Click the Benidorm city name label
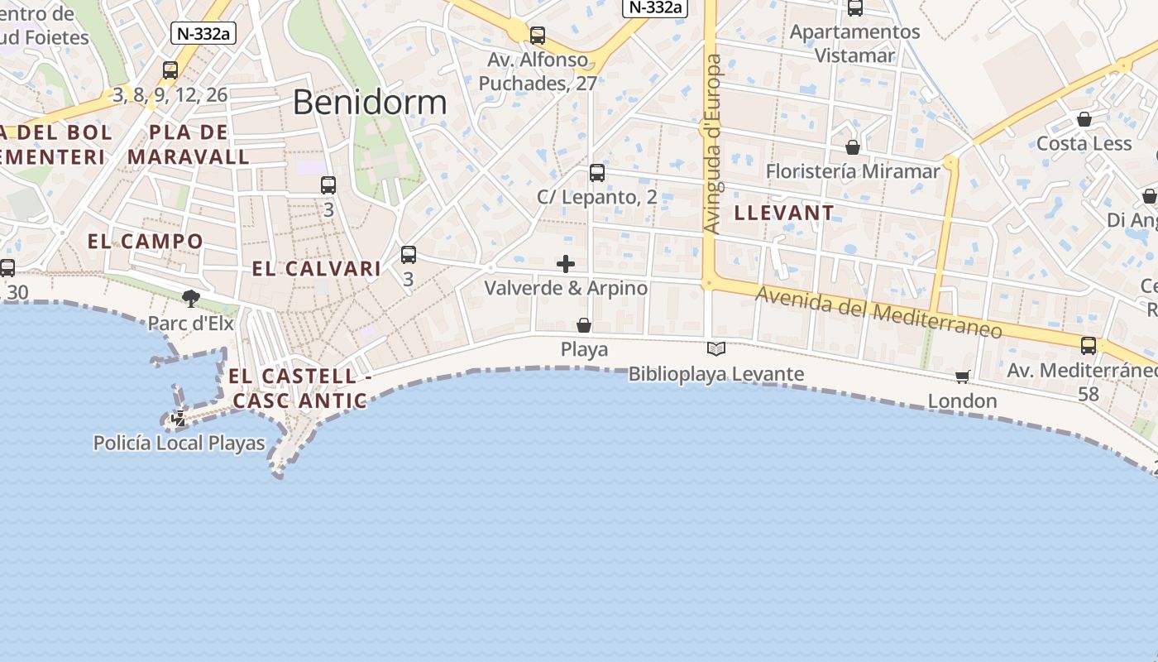(x=370, y=102)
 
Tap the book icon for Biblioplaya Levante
(x=716, y=349)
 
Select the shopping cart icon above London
(x=962, y=377)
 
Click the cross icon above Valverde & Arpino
(x=566, y=264)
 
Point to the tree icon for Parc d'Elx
(x=191, y=298)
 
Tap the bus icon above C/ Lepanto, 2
(x=597, y=173)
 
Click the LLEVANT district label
(x=784, y=213)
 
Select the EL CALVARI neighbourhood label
(x=317, y=269)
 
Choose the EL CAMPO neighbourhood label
(x=146, y=242)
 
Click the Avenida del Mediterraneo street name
(x=878, y=314)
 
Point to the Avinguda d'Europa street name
(x=711, y=144)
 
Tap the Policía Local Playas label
(x=179, y=444)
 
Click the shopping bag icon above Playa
(x=584, y=325)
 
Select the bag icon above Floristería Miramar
(x=853, y=147)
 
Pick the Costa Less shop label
(x=1084, y=143)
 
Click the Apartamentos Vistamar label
(x=855, y=44)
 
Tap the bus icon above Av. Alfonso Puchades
(x=538, y=36)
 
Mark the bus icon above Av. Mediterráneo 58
(x=1089, y=346)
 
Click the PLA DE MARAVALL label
(x=189, y=144)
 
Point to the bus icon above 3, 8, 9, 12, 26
(x=170, y=70)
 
